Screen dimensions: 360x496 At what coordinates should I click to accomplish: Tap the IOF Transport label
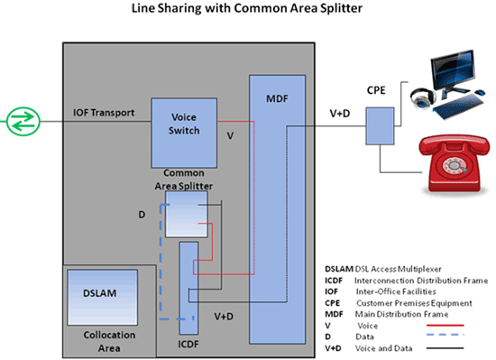tap(104, 113)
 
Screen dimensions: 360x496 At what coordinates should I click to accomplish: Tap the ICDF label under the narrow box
tap(188, 343)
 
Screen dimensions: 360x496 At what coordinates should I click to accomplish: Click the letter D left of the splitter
tap(141, 216)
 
